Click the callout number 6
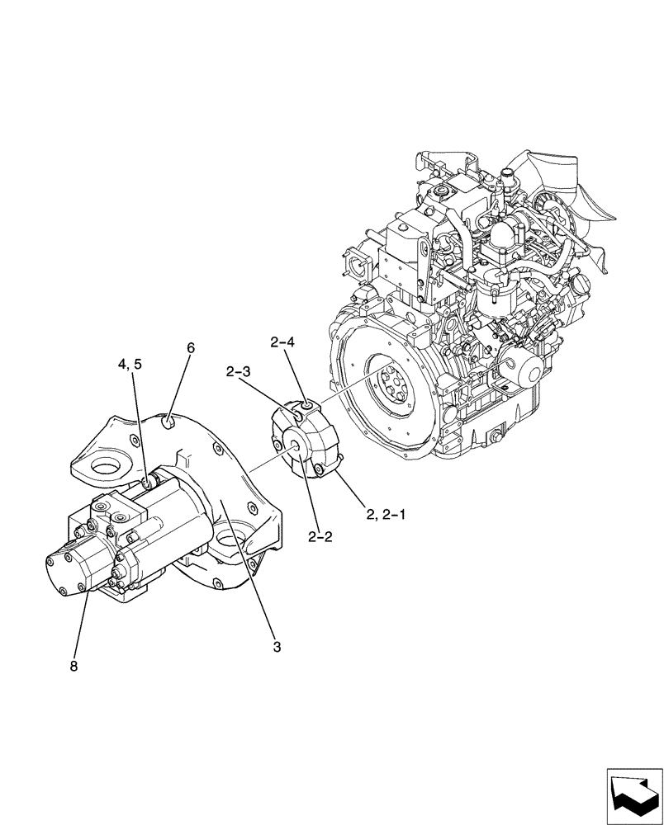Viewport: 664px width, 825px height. tap(191, 348)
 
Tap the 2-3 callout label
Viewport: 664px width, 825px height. tap(239, 372)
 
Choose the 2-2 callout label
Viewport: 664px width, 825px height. tap(320, 537)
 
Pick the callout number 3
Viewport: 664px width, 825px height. tap(277, 647)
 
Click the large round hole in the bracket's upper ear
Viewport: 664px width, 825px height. tap(108, 470)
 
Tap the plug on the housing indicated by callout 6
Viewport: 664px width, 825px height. tap(168, 425)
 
